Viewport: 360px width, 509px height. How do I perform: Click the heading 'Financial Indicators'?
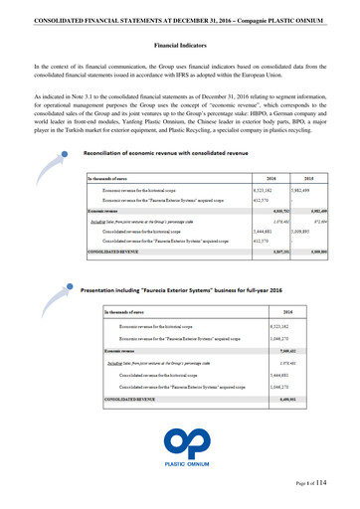tap(180, 46)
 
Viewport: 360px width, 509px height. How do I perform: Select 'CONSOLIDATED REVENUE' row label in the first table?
tap(115, 253)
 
